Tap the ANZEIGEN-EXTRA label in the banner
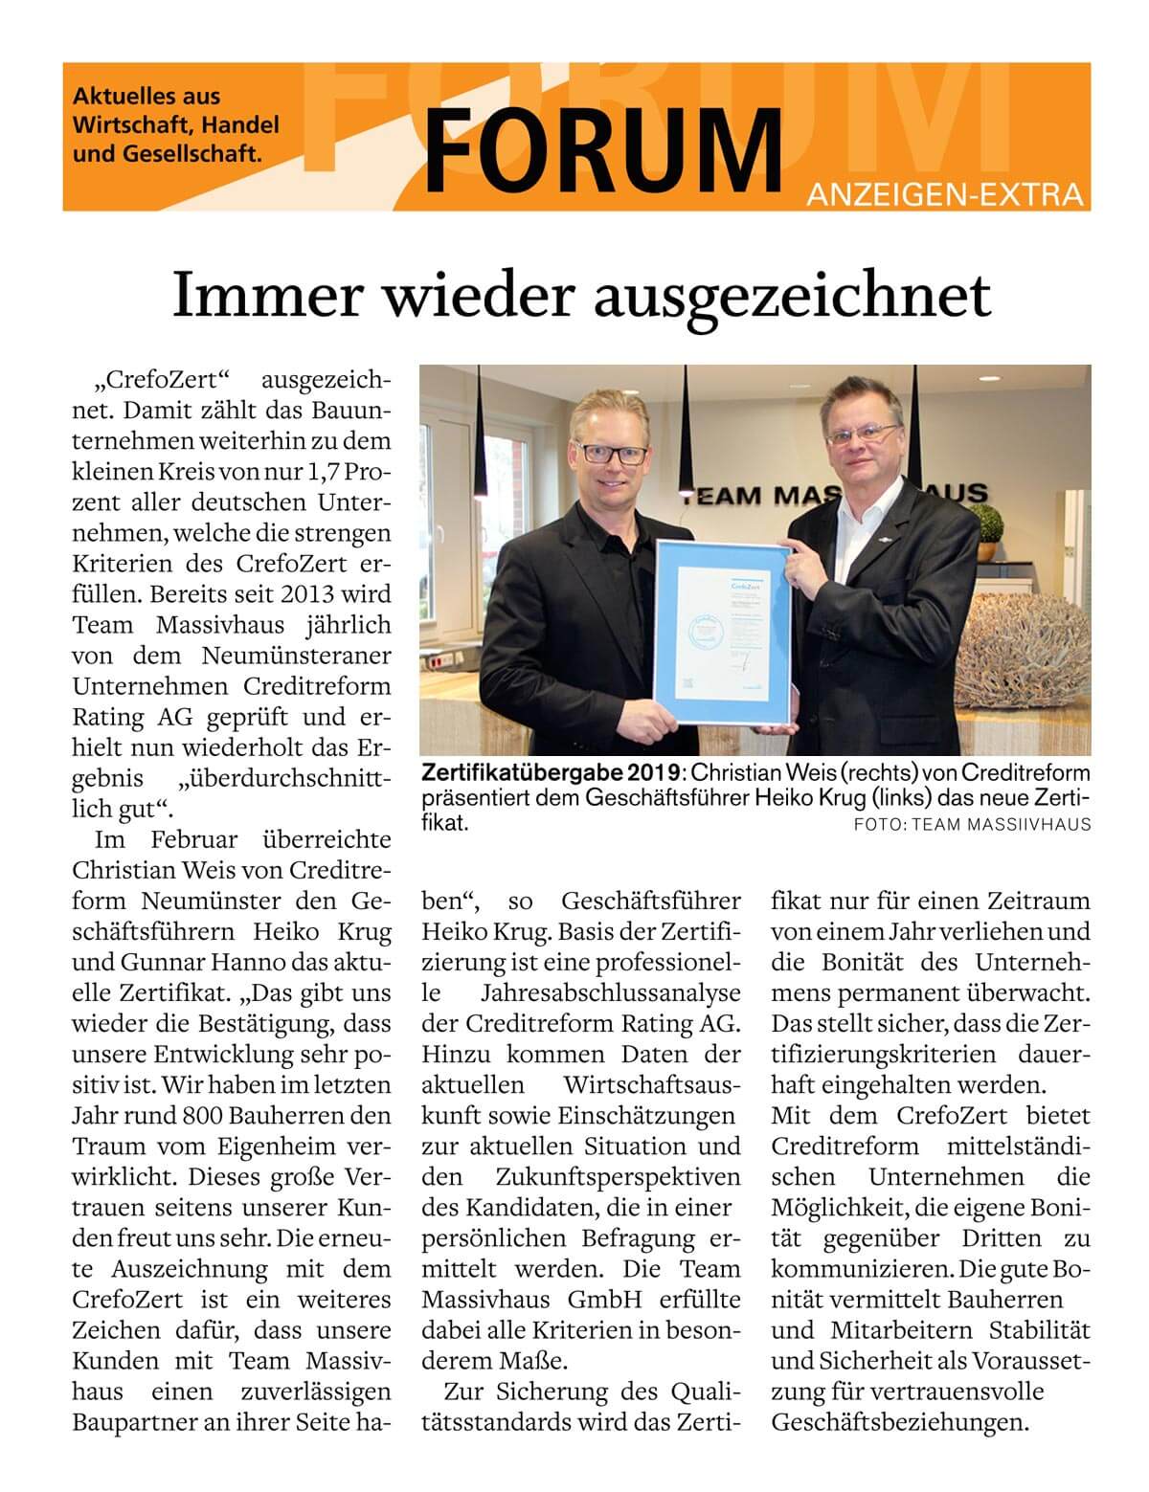tap(946, 196)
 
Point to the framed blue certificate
tap(723, 635)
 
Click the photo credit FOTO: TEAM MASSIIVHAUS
tap(972, 824)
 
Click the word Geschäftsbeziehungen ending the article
tap(900, 1422)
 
